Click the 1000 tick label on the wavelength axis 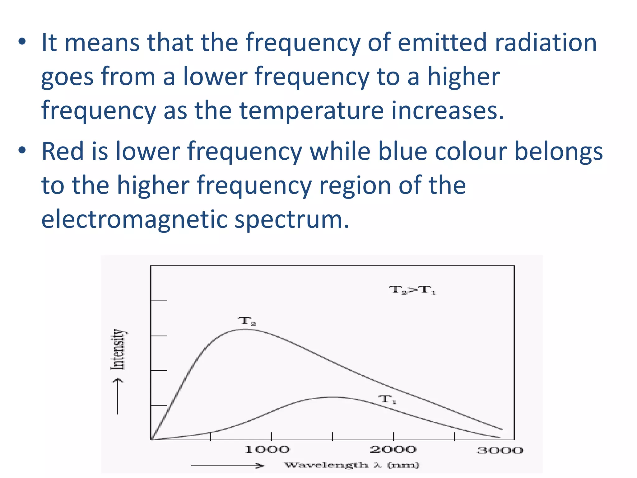coord(267,449)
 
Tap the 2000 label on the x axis coord(393,449)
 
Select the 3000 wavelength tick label coord(500,450)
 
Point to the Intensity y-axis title coord(119,349)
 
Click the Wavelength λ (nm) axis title coord(352,465)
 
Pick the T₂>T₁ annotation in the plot coord(412,290)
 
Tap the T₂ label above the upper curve coord(247,321)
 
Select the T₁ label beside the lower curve coord(387,399)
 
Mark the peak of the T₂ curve coord(246,329)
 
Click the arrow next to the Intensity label coord(117,396)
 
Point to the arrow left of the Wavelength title coord(227,466)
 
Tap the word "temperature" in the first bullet coord(311,111)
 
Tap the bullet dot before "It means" coord(22,42)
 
